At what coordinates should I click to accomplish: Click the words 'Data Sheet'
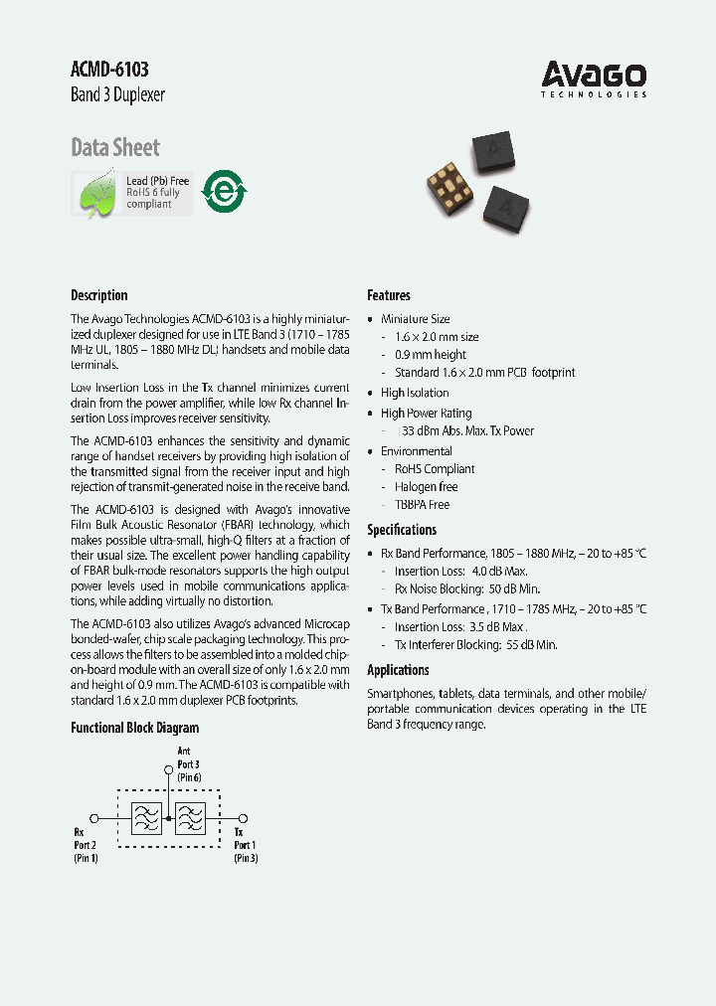pos(115,148)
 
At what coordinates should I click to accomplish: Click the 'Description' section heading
pos(99,295)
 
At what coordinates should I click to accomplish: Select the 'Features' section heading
pos(389,295)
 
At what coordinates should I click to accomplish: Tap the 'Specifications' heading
pos(402,530)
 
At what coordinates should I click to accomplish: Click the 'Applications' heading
pos(398,670)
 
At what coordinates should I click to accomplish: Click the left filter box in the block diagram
pos(147,818)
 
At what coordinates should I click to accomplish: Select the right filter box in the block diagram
pos(189,818)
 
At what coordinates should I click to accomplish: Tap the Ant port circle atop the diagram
pos(168,768)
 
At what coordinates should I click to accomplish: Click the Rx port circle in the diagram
pos(93,818)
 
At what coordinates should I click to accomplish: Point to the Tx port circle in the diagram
pos(243,818)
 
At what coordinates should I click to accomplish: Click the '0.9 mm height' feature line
pos(431,355)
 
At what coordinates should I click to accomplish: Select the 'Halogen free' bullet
pos(427,487)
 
